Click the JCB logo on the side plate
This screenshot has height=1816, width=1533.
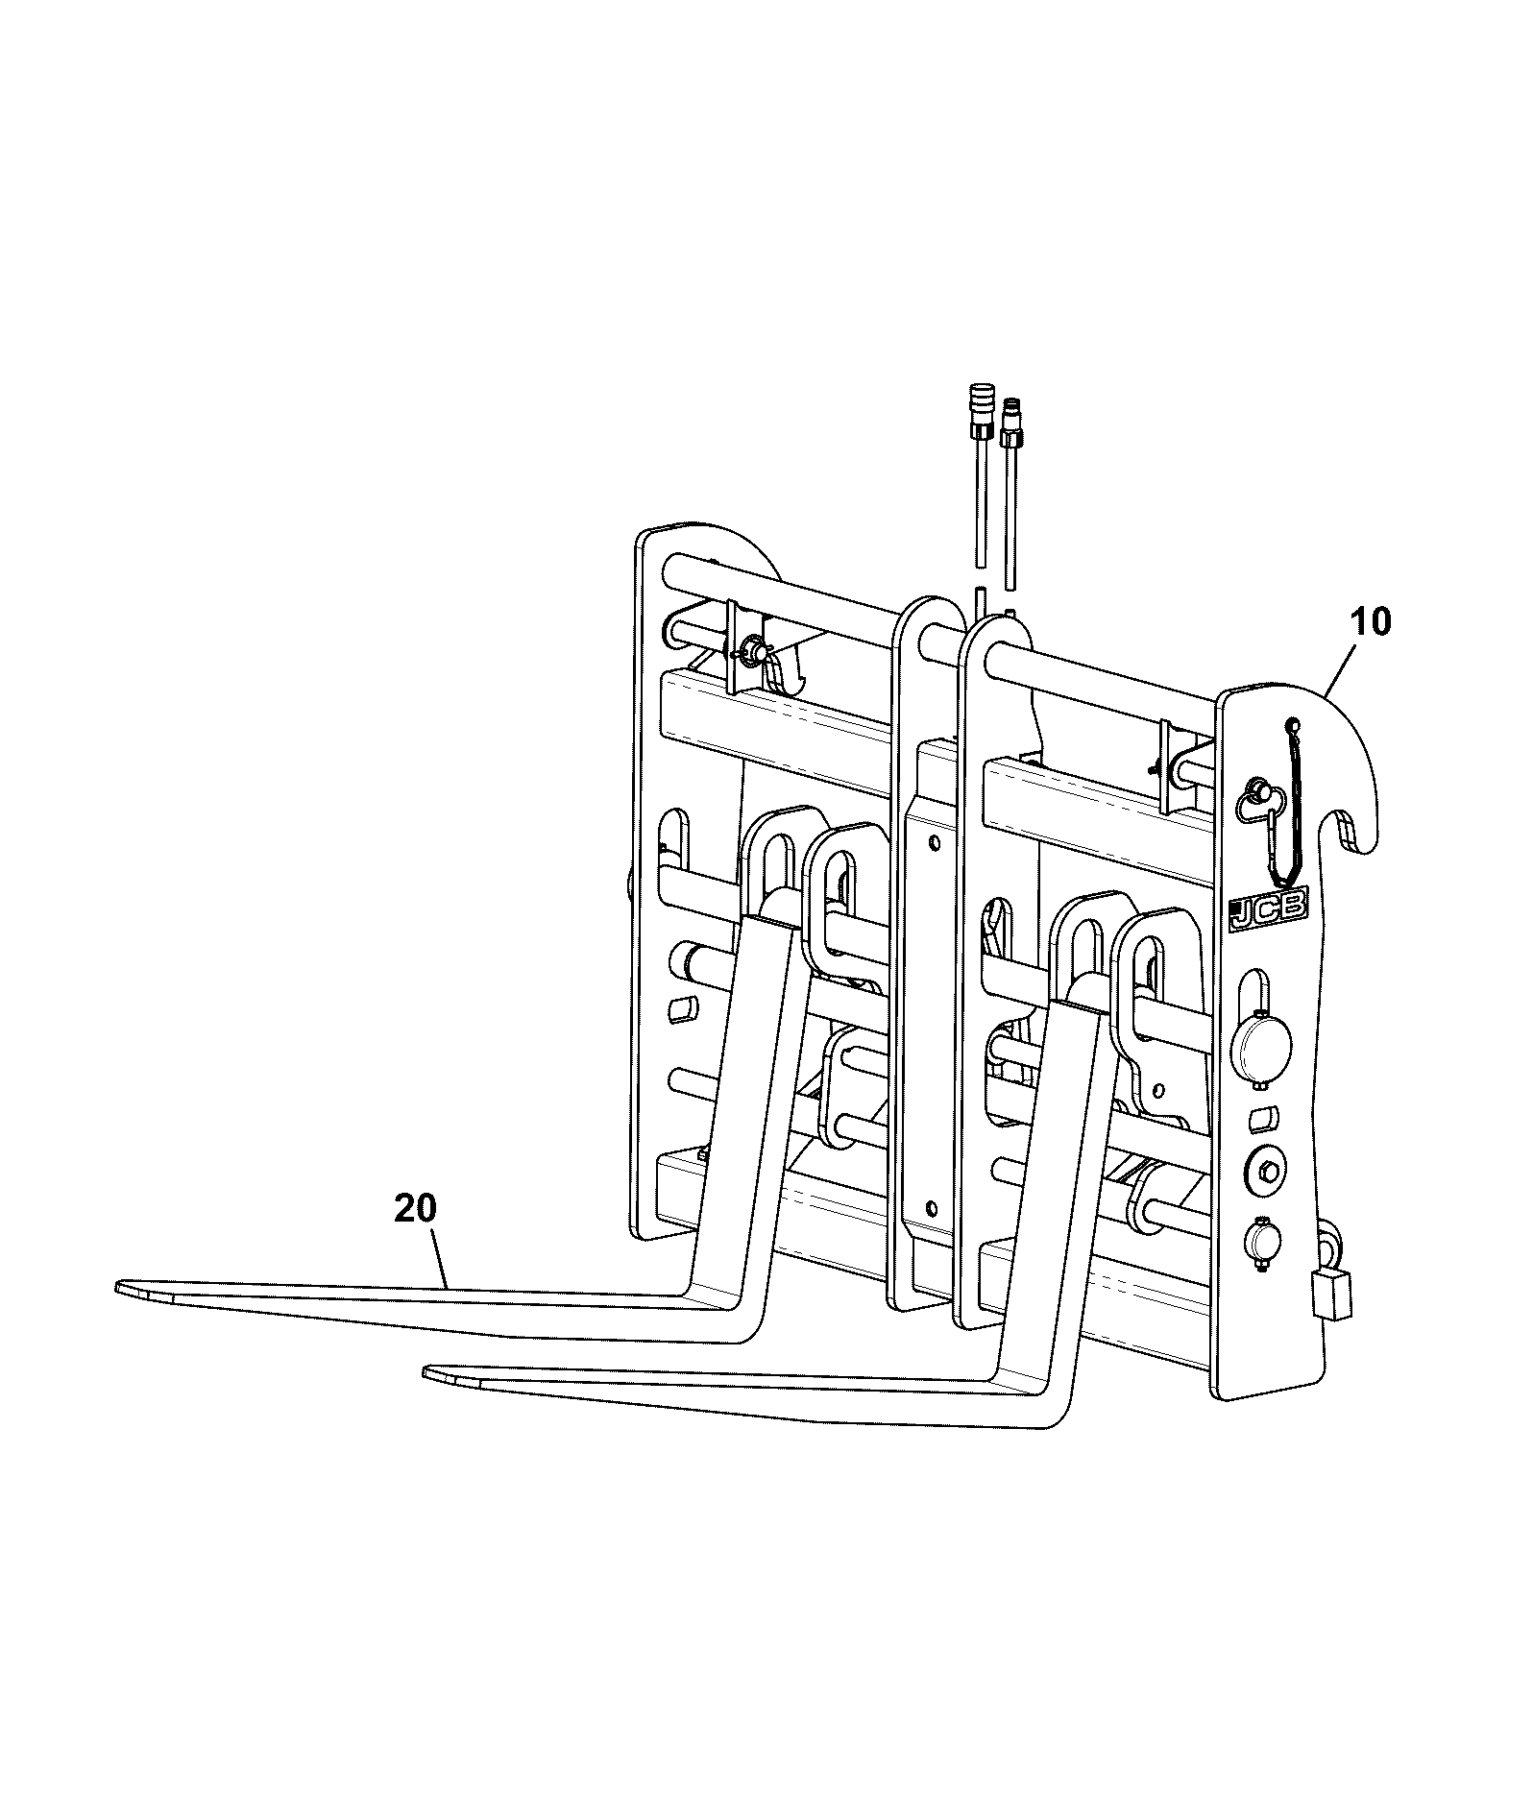[x=1268, y=909]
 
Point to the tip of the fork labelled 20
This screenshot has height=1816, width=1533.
[x=118, y=1285]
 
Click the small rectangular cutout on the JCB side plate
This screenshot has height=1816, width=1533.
[x=1262, y=1117]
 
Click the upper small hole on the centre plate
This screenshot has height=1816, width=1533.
[x=934, y=842]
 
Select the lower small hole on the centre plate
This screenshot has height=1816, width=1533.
[x=929, y=1204]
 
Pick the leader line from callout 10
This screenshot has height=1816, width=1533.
[x=1338, y=668]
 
